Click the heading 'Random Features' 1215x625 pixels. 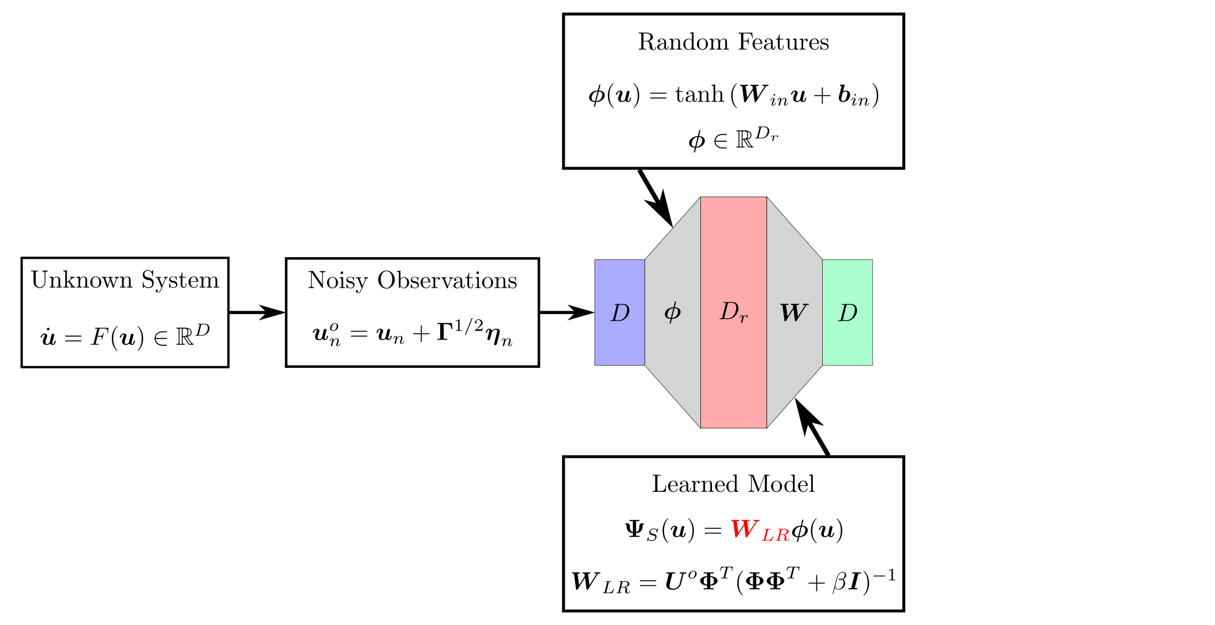tap(733, 42)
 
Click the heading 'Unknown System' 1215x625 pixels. tap(125, 280)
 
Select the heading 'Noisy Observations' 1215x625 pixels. tap(412, 280)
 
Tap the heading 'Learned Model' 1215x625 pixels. tap(733, 484)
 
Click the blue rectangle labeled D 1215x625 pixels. tap(620, 312)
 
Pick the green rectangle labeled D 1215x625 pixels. tap(847, 312)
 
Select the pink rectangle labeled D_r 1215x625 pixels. tap(733, 312)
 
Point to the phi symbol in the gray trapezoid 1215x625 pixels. tap(673, 312)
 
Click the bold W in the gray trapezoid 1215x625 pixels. tap(794, 312)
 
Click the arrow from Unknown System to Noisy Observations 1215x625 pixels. tap(257, 312)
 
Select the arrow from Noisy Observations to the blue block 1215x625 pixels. tap(567, 312)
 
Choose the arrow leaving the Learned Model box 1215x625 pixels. tap(812, 427)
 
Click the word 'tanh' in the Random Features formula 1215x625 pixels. tap(699, 95)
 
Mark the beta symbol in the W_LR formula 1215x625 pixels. tap(839, 582)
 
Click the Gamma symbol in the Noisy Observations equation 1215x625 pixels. tap(444, 333)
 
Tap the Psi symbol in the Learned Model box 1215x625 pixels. tap(635, 529)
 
